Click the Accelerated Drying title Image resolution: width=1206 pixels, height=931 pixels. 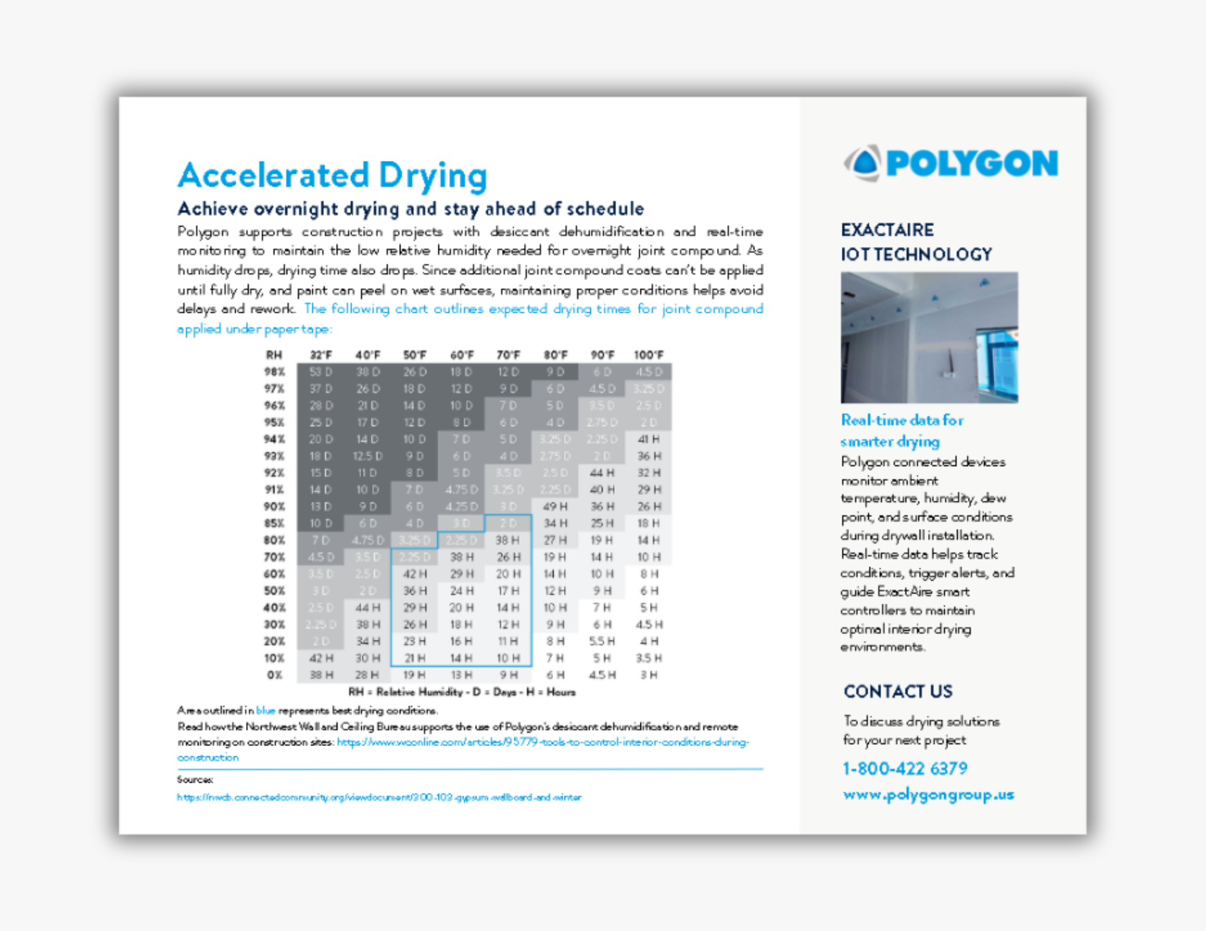pyautogui.click(x=332, y=175)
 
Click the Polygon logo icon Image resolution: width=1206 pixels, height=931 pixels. pyautogui.click(x=863, y=163)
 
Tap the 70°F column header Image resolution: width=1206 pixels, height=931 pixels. pyautogui.click(x=508, y=355)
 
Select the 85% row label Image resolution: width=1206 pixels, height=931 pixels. pyautogui.click(x=274, y=523)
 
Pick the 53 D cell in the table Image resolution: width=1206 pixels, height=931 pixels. pyautogui.click(x=320, y=372)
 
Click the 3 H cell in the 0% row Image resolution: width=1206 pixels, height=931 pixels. pyautogui.click(x=649, y=675)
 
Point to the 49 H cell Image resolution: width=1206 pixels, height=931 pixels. pyautogui.click(x=555, y=506)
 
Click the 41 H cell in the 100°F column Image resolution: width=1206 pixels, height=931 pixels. pyautogui.click(x=649, y=439)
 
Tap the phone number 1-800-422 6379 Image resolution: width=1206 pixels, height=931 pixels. pyautogui.click(x=904, y=768)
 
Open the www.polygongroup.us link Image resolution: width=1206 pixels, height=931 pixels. pyautogui.click(x=929, y=795)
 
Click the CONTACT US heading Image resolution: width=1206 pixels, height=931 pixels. pyautogui.click(x=898, y=691)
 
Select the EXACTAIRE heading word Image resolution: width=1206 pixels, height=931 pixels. pyautogui.click(x=887, y=230)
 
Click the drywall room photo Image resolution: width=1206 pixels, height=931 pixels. pyautogui.click(x=929, y=337)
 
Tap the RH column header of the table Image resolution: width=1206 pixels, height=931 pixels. pyautogui.click(x=274, y=355)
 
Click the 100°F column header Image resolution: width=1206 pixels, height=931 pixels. pyautogui.click(x=649, y=355)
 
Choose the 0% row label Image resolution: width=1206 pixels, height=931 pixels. pyautogui.click(x=274, y=675)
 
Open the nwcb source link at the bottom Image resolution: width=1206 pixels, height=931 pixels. pyautogui.click(x=379, y=797)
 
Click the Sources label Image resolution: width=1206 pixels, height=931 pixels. pyautogui.click(x=195, y=779)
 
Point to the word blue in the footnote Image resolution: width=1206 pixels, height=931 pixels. pyautogui.click(x=265, y=710)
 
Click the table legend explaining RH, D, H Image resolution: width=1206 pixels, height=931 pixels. pyautogui.click(x=462, y=692)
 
